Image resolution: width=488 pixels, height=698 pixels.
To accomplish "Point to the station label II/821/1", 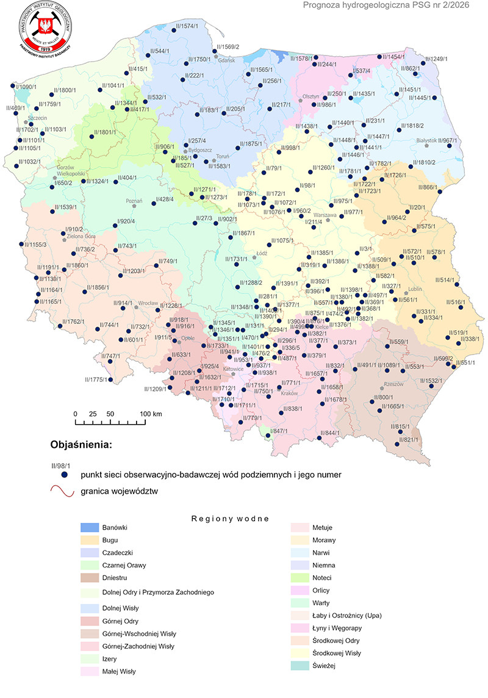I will click(x=409, y=440).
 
